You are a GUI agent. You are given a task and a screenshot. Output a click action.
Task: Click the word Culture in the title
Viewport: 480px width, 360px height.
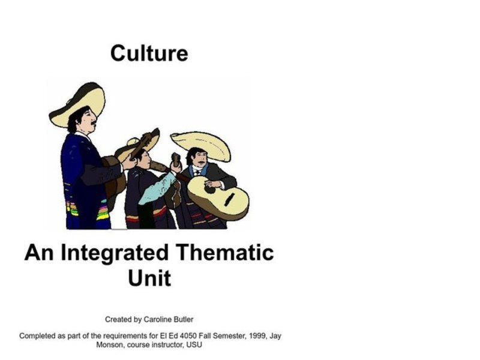point(149,53)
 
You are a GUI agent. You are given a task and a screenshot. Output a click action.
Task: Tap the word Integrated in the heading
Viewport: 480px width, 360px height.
point(114,253)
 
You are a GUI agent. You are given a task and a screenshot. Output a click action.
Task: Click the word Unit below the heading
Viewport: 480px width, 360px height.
point(149,278)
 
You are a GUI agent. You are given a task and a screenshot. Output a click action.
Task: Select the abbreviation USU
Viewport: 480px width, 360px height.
point(193,345)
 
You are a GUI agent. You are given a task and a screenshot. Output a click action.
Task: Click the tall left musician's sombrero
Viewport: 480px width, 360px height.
point(78,102)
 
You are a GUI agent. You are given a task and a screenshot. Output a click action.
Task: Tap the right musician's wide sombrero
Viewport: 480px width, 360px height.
point(201,144)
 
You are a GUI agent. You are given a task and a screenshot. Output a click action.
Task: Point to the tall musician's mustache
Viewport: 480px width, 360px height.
point(94,123)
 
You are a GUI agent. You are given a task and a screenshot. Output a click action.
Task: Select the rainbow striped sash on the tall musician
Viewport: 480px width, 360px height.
point(103,211)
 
